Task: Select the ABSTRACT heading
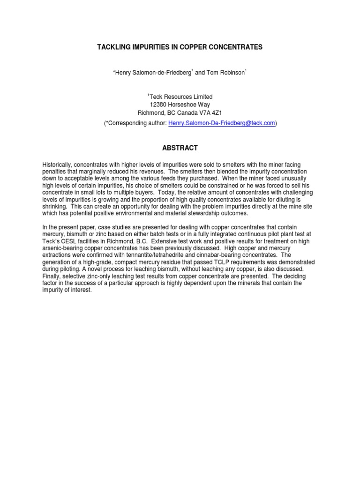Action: pos(180,148)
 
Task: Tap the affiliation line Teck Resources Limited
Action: pos(181,97)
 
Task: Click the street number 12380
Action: pos(158,105)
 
